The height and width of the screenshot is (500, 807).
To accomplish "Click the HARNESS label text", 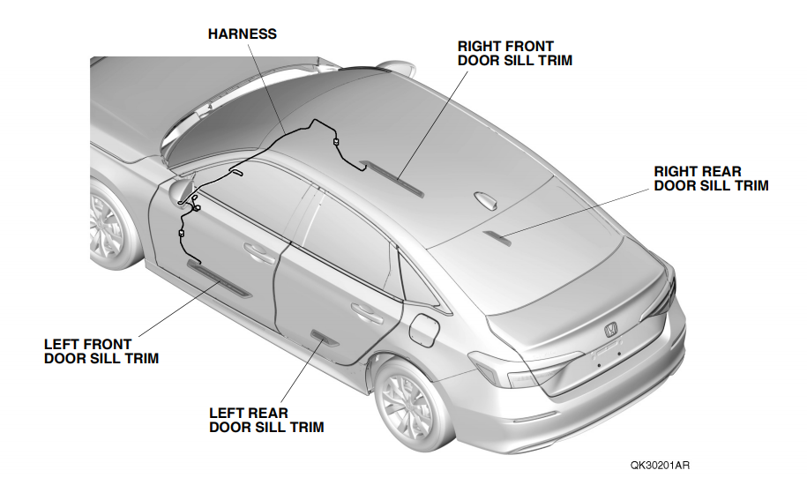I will click(242, 34).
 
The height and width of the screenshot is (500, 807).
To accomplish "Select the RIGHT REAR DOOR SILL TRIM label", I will click(711, 178).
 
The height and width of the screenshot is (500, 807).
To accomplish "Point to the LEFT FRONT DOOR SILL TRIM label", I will click(101, 351).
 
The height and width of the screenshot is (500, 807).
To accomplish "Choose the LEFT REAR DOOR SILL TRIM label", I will click(265, 420).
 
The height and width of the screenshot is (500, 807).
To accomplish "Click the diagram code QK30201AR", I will click(660, 465).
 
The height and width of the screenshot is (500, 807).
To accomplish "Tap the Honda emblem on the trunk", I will click(609, 330).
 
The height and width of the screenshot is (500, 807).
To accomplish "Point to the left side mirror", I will click(182, 188).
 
